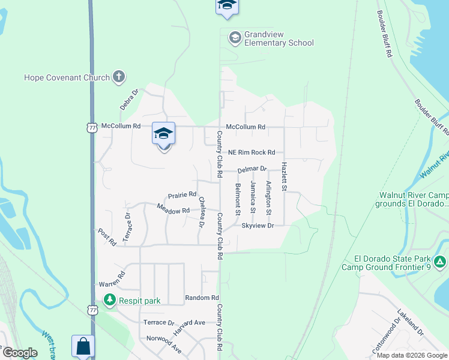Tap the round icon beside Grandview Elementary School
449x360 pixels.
[235, 38]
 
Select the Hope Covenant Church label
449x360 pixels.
[67, 77]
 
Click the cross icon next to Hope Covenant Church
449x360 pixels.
[119, 77]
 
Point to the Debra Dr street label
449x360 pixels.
[128, 99]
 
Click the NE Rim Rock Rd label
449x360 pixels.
[250, 152]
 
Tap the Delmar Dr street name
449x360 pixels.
[252, 170]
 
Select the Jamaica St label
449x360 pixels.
[253, 197]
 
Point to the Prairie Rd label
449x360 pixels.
[182, 194]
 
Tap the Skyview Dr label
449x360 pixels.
[258, 226]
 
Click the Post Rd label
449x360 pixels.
[107, 236]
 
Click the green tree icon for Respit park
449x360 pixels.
[109, 299]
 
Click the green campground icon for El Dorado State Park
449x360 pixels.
[440, 262]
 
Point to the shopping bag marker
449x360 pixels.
[83, 346]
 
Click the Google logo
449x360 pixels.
[20, 353]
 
